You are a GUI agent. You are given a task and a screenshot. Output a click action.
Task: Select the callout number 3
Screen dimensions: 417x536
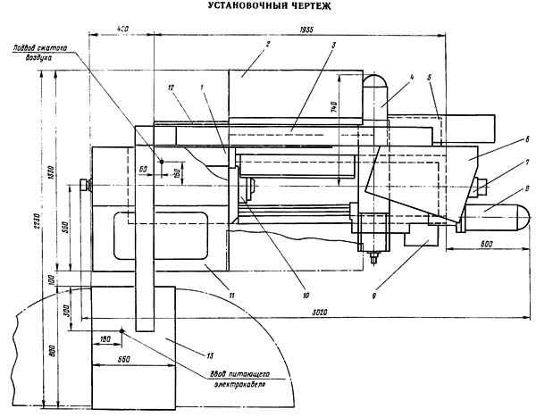[332, 45]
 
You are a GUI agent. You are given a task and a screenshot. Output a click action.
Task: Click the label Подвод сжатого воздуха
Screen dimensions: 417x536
[35, 51]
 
